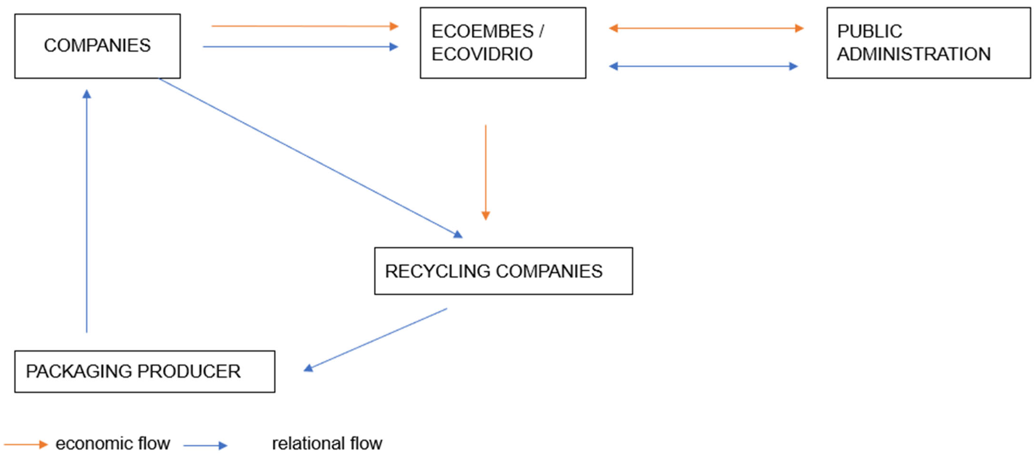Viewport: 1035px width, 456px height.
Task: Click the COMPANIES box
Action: coord(97,46)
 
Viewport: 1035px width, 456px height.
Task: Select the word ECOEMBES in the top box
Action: coord(482,31)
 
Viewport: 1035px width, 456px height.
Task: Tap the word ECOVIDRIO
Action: coord(482,54)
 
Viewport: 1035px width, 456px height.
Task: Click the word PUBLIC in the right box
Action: coord(869,31)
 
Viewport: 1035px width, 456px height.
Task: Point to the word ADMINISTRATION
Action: coord(914,54)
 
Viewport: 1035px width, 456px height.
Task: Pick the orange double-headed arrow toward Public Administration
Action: coord(706,28)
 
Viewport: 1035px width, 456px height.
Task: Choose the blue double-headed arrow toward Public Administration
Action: coord(703,66)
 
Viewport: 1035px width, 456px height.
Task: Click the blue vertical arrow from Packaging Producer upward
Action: coord(87,211)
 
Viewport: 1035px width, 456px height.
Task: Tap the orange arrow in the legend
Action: coord(26,444)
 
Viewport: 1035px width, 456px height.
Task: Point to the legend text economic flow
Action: coord(113,444)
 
